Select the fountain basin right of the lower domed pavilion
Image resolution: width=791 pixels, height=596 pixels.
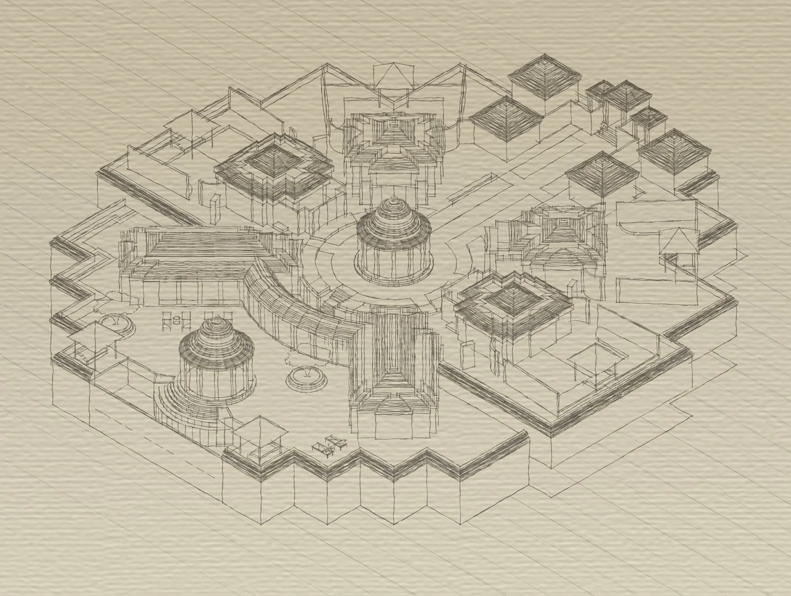point(307,378)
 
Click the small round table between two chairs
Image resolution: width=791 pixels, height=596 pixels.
point(177,319)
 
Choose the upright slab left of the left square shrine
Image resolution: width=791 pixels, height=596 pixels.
point(215,207)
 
